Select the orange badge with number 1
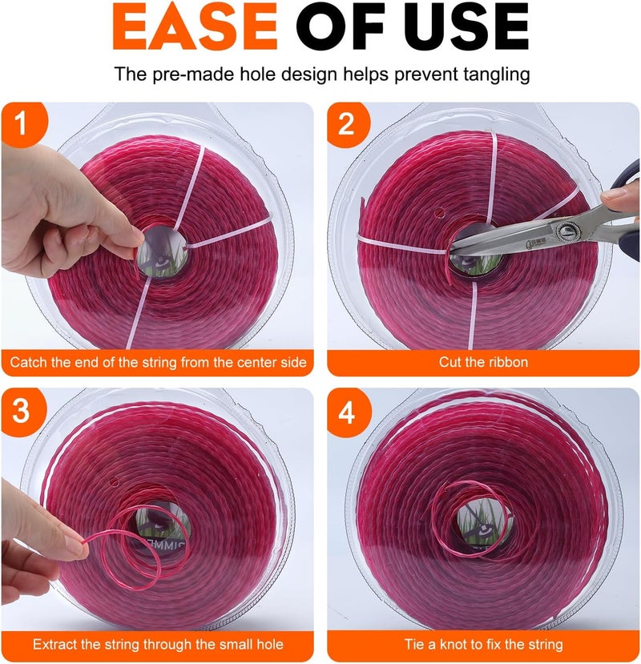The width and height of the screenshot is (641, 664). click(24, 124)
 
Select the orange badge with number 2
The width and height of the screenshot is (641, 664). click(349, 124)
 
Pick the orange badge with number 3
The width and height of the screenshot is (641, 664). click(24, 411)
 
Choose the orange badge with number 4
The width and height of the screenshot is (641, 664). click(349, 412)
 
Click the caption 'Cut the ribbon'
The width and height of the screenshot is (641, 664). click(483, 362)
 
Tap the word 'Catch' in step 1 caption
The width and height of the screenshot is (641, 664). click(27, 363)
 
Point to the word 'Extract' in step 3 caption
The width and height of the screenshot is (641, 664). click(54, 645)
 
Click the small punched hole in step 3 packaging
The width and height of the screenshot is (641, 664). click(114, 481)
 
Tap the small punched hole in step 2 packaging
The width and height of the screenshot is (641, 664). click(439, 211)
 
